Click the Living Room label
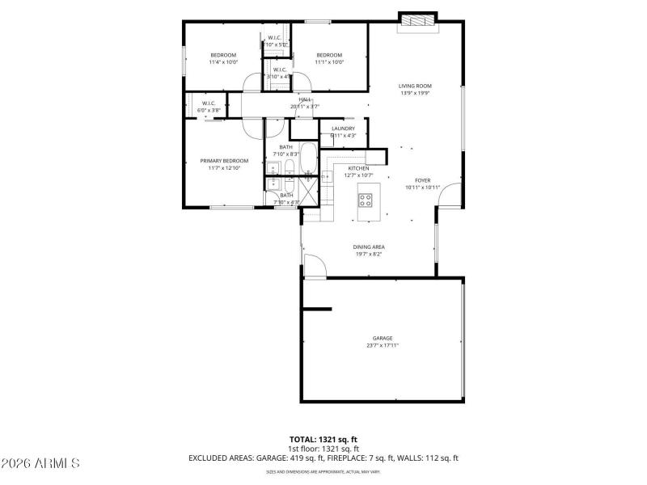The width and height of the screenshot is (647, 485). [x=415, y=86]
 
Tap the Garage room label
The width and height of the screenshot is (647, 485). [x=382, y=338]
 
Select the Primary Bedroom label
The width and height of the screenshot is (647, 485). [x=224, y=161]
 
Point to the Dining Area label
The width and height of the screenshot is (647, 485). [x=368, y=247]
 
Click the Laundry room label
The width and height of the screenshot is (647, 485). [x=343, y=129]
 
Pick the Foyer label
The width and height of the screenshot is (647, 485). [x=423, y=180]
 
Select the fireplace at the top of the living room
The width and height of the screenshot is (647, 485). [x=418, y=19]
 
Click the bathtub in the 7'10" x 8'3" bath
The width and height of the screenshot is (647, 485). [x=308, y=158]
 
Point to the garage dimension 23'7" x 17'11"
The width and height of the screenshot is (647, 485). [x=382, y=345]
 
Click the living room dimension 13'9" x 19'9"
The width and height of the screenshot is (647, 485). [x=415, y=93]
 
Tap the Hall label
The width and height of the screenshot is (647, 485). [x=305, y=99]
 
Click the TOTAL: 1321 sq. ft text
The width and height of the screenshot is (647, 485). [x=323, y=440]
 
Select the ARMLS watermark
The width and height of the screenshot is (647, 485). [x=40, y=463]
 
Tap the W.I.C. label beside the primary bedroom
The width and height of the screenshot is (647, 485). [x=208, y=103]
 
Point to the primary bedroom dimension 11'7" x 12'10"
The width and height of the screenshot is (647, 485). [x=224, y=168]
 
